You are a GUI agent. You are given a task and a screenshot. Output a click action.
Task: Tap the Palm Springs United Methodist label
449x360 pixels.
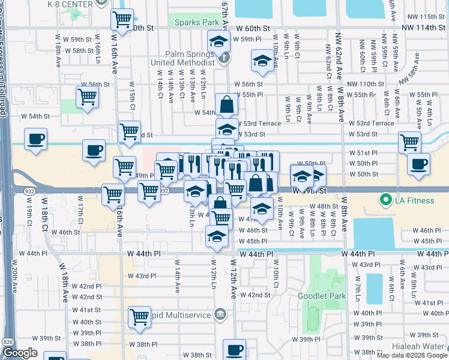(182, 58)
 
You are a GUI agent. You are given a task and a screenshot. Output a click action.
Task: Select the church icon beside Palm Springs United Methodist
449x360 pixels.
(223, 58)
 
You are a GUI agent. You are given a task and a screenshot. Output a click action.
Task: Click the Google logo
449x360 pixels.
(20, 353)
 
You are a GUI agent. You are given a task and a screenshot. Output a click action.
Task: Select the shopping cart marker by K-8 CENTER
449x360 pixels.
(122, 19)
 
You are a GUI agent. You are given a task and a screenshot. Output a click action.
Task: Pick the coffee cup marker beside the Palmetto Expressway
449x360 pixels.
(35, 140)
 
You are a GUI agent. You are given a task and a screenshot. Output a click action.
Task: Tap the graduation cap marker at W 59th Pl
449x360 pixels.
(218, 42)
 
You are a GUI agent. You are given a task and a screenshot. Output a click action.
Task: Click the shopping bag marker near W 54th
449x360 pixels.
(227, 104)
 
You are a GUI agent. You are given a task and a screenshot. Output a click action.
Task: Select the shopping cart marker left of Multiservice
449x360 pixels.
(139, 316)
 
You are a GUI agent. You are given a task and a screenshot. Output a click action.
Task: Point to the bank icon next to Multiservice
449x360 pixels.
(220, 314)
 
